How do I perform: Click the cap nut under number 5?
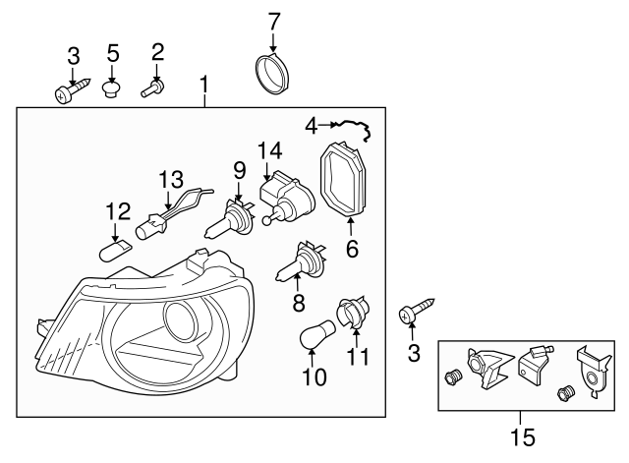113,90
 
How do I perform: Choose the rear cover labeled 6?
349,181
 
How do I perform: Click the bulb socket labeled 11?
353,316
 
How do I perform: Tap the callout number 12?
118,211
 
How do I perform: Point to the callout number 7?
274,19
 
